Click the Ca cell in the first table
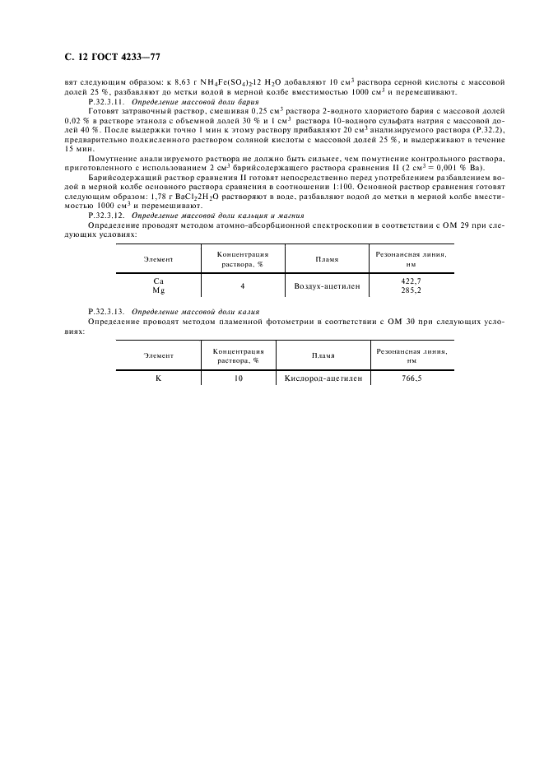158,281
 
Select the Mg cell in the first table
158,290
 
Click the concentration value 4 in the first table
242,285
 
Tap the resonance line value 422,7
411,281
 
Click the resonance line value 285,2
411,290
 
